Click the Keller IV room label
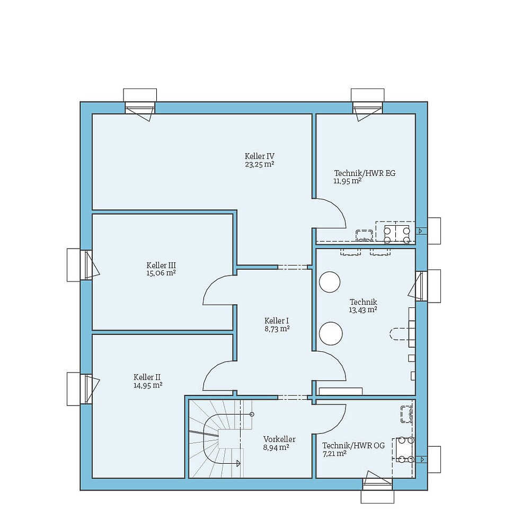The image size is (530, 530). [x=259, y=156]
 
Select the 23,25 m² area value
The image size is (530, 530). [x=259, y=164]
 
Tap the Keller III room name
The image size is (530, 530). [x=161, y=265]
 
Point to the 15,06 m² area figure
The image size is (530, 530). [x=161, y=273]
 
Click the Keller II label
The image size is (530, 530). [x=147, y=377]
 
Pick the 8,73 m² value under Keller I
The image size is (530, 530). [x=277, y=329]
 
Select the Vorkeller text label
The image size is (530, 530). [x=279, y=439]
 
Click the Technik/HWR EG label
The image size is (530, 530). [x=365, y=173]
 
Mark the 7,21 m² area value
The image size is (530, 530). [x=334, y=454]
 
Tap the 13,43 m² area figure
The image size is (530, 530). [x=363, y=310]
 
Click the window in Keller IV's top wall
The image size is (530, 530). [x=140, y=109]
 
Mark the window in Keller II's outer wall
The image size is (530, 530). [x=86, y=389]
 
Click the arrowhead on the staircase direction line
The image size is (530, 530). [x=238, y=463]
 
